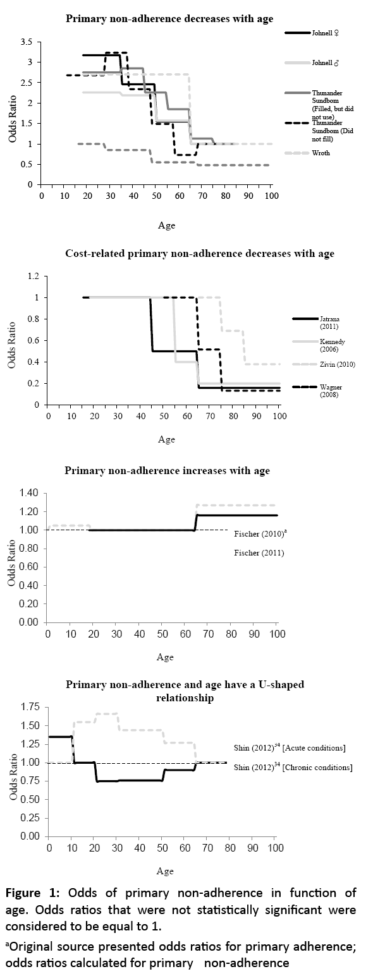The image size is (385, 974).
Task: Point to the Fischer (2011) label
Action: click(x=259, y=553)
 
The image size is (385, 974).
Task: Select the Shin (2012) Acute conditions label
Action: click(x=289, y=748)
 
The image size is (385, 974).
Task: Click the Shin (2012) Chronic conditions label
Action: click(x=293, y=767)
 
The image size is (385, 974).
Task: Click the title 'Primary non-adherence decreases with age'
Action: click(x=169, y=19)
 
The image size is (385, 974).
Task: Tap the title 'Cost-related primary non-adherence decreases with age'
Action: click(x=200, y=254)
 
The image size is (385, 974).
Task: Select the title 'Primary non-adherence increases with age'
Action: click(x=168, y=471)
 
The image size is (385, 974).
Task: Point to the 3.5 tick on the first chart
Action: click(x=27, y=42)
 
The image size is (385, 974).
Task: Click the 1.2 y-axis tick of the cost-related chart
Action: click(x=32, y=276)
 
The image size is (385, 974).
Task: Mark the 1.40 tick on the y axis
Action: click(x=29, y=493)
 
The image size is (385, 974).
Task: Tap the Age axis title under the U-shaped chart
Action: click(x=165, y=872)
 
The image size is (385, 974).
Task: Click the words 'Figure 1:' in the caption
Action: click(x=32, y=893)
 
